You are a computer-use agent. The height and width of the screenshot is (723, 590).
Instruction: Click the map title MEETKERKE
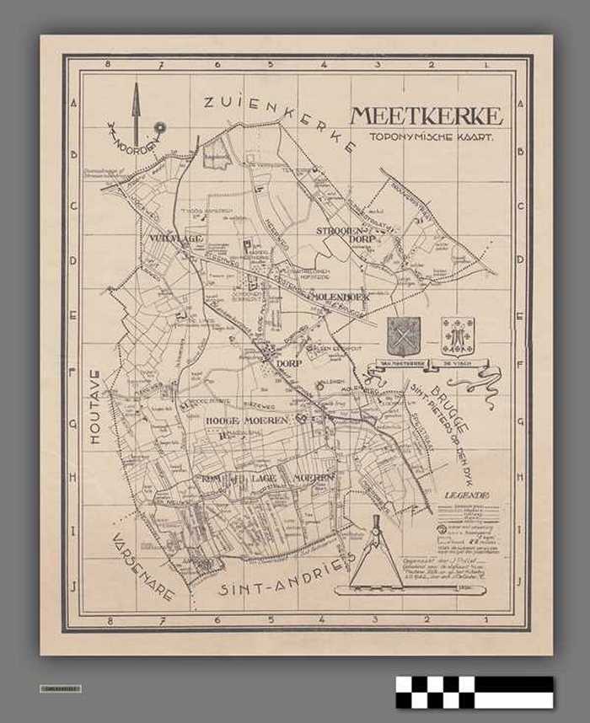click(426, 115)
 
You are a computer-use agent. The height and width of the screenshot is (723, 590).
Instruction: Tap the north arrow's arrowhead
click(134, 90)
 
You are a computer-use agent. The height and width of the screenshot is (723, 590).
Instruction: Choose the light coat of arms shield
click(458, 335)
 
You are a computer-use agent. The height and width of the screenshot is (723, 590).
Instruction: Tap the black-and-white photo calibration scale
click(475, 692)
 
